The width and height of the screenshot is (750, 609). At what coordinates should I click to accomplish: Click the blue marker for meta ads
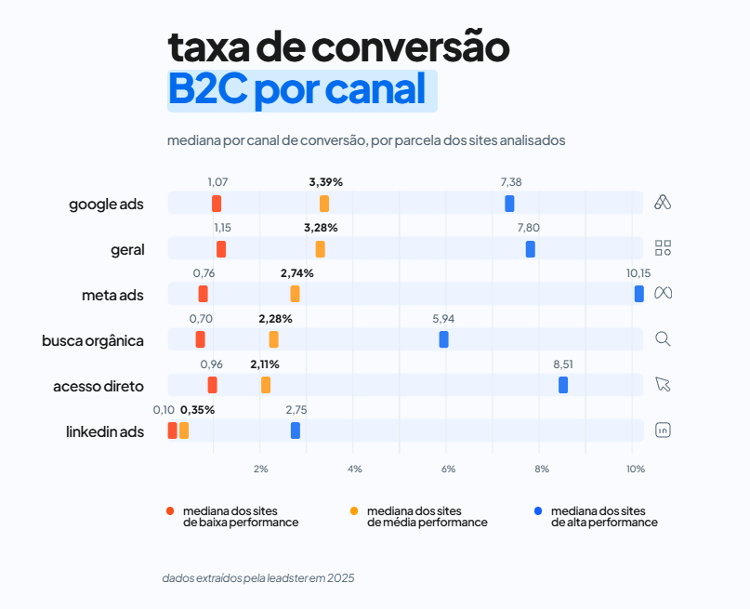point(638,294)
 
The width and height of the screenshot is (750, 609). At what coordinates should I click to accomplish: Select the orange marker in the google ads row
point(323,204)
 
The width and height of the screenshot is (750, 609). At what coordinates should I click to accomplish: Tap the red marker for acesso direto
point(212,385)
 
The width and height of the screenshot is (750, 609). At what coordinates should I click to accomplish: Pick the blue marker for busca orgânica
point(443,339)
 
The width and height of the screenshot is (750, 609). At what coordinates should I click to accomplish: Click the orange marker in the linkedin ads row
point(184,430)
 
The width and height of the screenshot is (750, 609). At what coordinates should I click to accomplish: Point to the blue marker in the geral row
point(530,249)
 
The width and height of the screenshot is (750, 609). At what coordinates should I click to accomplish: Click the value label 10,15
point(638,273)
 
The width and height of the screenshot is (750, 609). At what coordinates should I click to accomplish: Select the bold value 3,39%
point(326,182)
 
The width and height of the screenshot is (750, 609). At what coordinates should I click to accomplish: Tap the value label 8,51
point(563,364)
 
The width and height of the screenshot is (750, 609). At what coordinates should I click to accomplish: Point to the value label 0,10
point(164,410)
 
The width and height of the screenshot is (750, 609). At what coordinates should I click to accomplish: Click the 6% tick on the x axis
point(448,470)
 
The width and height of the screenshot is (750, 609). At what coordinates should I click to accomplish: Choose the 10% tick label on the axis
point(635,470)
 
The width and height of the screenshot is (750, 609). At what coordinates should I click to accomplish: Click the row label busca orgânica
point(93,340)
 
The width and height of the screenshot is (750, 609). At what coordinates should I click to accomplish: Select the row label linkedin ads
point(105,431)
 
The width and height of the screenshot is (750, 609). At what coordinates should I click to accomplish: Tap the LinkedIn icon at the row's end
point(663,430)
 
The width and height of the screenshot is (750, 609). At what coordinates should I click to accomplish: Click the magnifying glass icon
point(663,338)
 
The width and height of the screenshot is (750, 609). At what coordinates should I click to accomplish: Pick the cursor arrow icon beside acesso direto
point(663,384)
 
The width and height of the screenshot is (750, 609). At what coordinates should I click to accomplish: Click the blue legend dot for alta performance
point(538,511)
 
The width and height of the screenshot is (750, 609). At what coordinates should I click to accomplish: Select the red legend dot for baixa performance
point(170,511)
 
